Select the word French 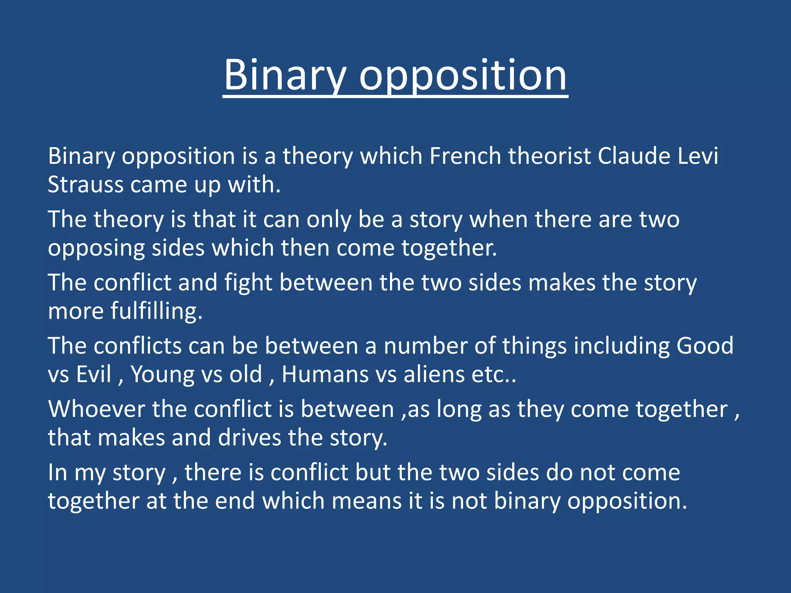(x=465, y=156)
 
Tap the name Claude (x=634, y=156)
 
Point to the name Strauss (x=85, y=185)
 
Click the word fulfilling (x=156, y=311)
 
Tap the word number (x=425, y=346)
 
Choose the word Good (x=704, y=346)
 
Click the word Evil (x=93, y=374)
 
